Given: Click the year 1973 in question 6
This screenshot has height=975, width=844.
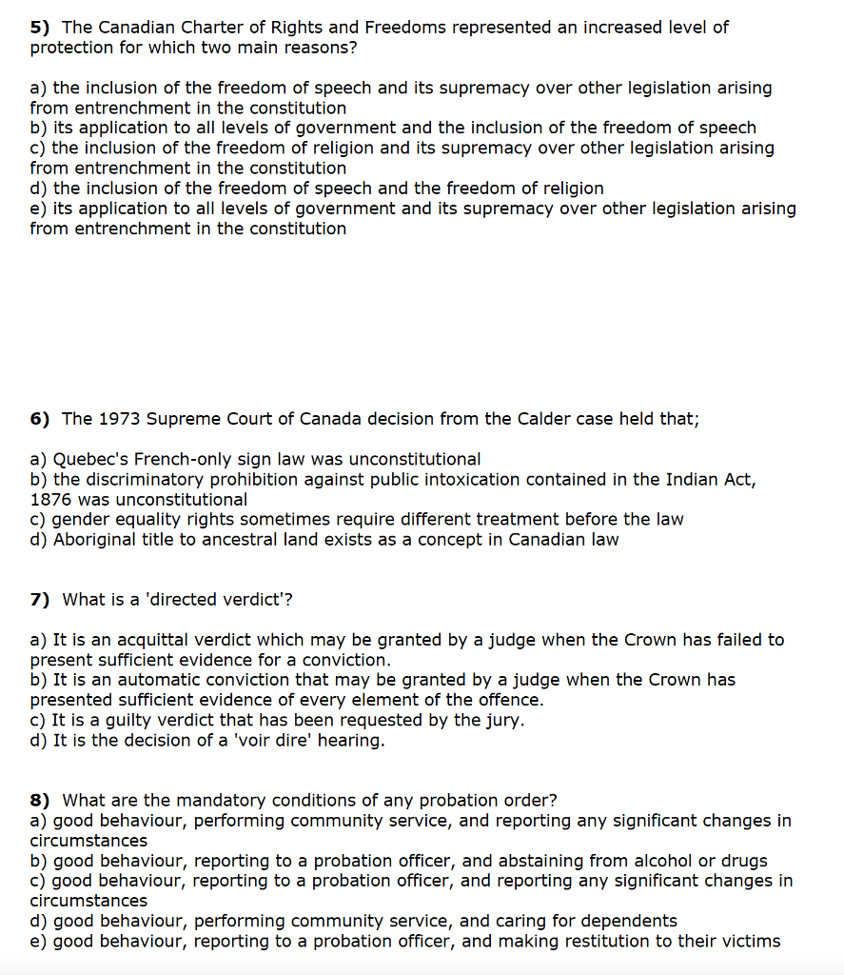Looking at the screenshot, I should [115, 419].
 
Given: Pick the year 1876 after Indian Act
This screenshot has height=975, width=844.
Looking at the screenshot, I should [51, 500].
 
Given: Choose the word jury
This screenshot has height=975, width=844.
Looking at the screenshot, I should [504, 720].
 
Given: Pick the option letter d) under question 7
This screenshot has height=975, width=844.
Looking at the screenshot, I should [39, 740].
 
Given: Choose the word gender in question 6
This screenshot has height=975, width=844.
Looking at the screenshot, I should [79, 520].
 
